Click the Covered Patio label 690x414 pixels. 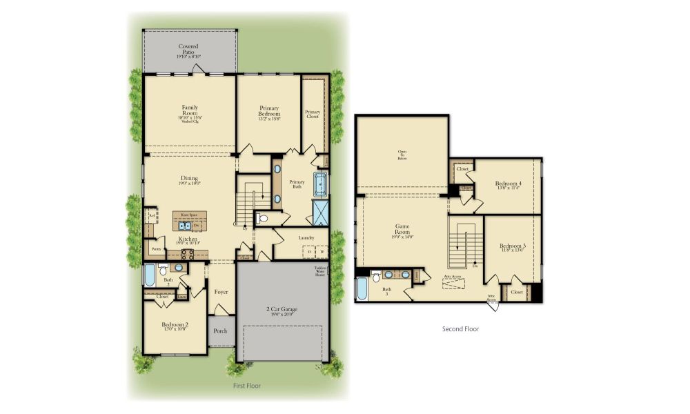(188, 49)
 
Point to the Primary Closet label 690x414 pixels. (313, 114)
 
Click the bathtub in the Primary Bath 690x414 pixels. (320, 184)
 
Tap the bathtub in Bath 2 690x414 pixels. (150, 276)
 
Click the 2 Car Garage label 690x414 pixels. (282, 311)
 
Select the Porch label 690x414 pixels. (220, 331)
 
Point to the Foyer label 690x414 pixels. (221, 291)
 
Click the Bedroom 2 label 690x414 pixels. (175, 326)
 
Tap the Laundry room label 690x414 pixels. (306, 237)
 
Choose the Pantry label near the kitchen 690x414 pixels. (156, 249)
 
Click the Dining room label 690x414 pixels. (190, 179)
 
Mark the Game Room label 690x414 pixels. (403, 229)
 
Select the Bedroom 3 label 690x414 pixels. (513, 248)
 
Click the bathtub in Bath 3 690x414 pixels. (362, 288)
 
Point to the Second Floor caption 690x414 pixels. (460, 329)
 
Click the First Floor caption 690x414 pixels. (246, 386)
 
